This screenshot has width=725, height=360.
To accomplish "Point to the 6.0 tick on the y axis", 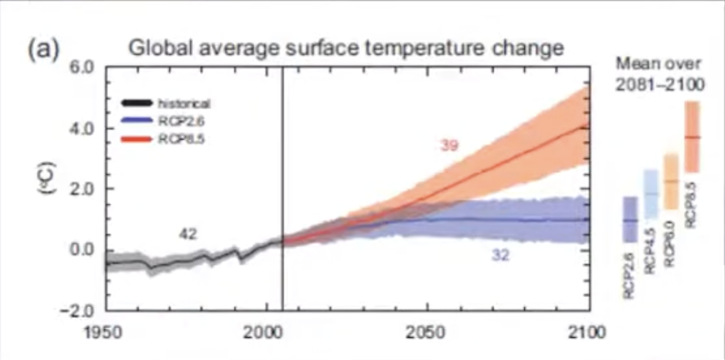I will click(x=83, y=68).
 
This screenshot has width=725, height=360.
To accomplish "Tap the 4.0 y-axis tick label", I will click(x=83, y=128).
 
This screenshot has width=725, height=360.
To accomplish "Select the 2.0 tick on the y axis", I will click(x=83, y=189).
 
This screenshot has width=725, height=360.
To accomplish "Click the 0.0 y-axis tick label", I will click(x=83, y=250).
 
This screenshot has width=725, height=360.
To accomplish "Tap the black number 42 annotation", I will click(x=188, y=233).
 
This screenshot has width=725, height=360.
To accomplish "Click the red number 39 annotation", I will click(x=449, y=146).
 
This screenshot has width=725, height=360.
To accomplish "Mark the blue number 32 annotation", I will click(x=500, y=256).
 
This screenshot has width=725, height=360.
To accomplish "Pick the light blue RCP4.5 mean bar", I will click(x=650, y=193).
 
